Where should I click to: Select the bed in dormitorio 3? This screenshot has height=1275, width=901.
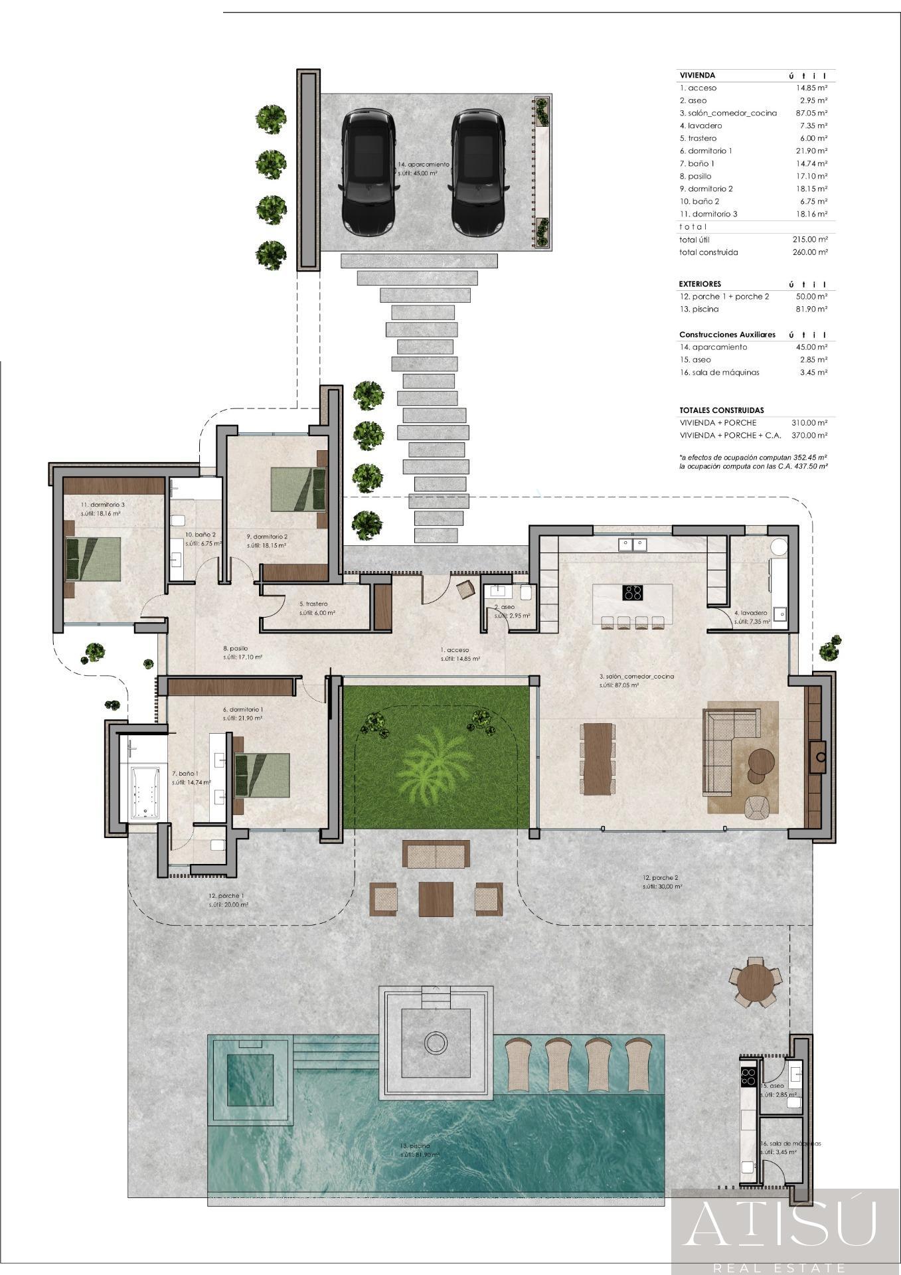coord(94,558)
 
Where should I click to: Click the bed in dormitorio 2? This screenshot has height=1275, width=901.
coord(298,489)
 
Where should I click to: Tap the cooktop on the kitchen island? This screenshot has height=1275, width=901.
coord(631,592)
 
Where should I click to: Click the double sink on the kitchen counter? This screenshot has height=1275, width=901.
coord(632,545)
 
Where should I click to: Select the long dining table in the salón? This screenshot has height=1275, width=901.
coord(598,758)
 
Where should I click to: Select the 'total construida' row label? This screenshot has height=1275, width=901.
coord(708,252)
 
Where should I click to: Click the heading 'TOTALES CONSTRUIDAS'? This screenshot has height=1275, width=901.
coord(721,410)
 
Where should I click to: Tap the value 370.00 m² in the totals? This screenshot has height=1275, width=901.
coord(809,436)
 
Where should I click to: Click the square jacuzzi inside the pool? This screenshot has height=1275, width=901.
coord(251,1080)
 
